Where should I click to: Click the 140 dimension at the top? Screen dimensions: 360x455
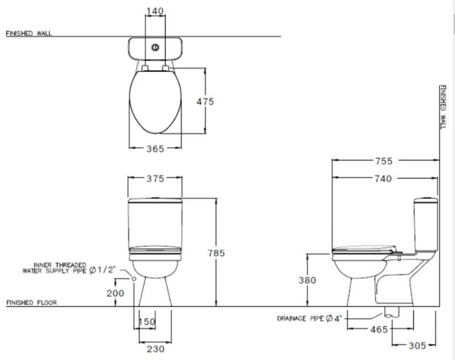(154, 11)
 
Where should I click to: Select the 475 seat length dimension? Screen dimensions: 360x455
(205, 102)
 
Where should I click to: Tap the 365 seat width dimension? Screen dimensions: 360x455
(155, 149)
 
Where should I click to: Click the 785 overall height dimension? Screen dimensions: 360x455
(217, 253)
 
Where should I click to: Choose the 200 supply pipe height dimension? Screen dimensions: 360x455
(115, 293)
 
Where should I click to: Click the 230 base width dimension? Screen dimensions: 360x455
(155, 349)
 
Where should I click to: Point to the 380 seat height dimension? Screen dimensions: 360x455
(307, 280)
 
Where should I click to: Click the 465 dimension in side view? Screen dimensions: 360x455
(379, 330)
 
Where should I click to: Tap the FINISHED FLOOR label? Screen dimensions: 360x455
(31, 303)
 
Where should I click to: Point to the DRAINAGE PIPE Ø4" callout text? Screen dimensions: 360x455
(309, 319)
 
